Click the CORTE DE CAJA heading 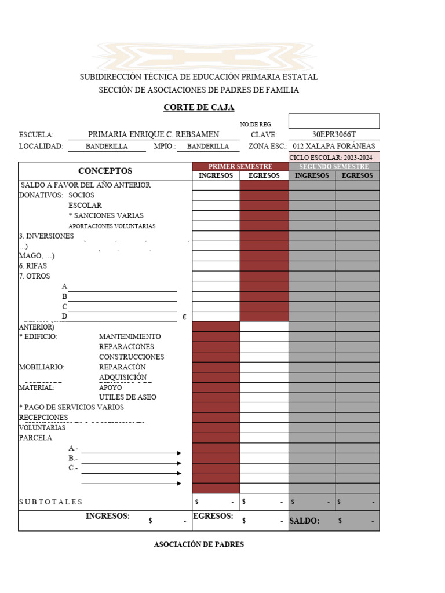tap(199, 108)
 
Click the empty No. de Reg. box tap(334, 120)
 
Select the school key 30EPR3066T tap(334, 134)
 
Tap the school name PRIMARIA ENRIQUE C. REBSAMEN tap(154, 134)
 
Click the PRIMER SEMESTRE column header tap(240, 167)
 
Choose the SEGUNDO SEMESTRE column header tap(334, 167)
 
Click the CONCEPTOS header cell tap(105, 171)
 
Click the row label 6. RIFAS tap(32, 266)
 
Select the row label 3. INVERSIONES tap(46, 236)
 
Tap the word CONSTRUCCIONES tap(132, 357)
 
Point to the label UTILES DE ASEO tap(127, 397)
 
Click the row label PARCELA tap(35, 438)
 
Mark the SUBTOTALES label tap(50, 502)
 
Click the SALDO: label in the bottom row tap(304, 521)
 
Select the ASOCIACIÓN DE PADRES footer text tap(199, 544)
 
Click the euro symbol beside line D tap(184, 317)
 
